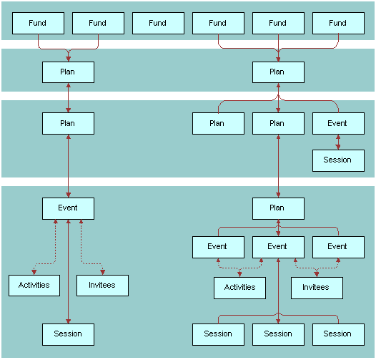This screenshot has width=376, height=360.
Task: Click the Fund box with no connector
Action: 158,23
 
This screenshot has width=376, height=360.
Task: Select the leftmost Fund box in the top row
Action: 38,23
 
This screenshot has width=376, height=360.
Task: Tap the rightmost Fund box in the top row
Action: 338,23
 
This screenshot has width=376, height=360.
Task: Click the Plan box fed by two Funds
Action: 68,72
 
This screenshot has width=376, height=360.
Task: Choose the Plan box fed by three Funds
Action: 278,72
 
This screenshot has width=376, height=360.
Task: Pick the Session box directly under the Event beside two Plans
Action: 338,160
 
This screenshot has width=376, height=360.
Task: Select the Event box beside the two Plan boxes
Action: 338,123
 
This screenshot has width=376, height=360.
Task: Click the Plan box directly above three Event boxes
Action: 278,208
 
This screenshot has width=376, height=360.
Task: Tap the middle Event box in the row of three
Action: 278,246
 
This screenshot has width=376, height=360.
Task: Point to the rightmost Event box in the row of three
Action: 338,246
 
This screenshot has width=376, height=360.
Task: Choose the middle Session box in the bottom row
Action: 278,334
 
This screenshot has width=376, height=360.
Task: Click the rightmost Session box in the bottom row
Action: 338,334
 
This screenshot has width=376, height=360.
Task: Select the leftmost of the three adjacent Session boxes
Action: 218,334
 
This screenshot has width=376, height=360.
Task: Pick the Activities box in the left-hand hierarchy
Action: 34,285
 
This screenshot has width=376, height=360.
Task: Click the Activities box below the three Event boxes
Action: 240,287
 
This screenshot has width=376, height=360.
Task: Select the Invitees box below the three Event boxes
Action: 317,287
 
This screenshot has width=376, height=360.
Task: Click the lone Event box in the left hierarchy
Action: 68,208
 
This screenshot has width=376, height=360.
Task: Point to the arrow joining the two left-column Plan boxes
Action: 68,97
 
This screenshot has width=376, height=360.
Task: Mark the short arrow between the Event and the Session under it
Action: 338,142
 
